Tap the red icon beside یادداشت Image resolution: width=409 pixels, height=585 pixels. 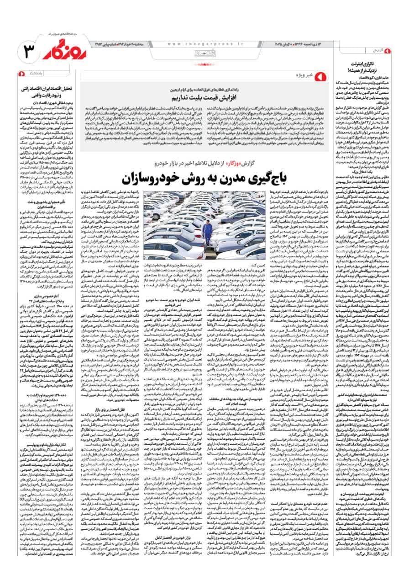click(21, 73)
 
